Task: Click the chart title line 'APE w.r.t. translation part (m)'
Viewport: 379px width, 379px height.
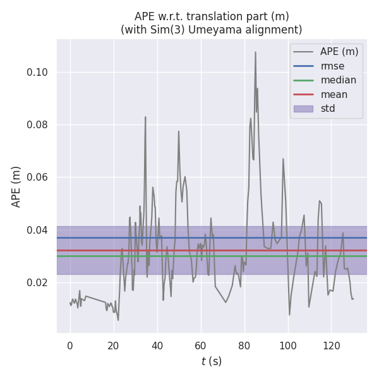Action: [212, 16]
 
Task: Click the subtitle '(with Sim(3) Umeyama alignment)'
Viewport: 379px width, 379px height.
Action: [212, 30]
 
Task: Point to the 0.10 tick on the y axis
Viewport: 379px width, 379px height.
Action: [37, 72]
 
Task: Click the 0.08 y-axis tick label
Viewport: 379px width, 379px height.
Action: [37, 124]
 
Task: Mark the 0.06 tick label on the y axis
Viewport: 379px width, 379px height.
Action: [37, 177]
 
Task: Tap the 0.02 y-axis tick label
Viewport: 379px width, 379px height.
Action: [37, 282]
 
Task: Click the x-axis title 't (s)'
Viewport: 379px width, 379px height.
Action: [212, 361]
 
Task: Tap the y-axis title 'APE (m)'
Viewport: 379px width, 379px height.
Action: [16, 186]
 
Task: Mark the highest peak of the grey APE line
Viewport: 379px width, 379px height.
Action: [255, 52]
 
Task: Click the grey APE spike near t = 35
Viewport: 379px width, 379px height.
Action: [145, 117]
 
